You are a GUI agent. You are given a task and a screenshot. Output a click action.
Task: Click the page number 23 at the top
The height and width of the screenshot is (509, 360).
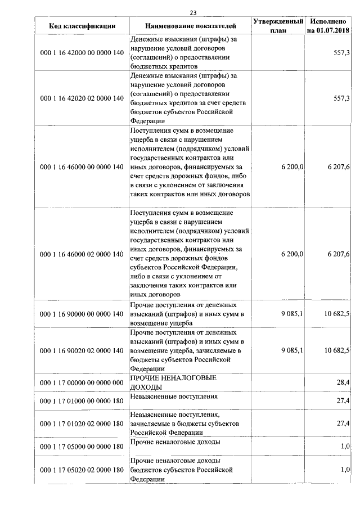coord(193,12)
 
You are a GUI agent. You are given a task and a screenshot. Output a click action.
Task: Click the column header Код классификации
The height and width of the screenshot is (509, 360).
coord(82,26)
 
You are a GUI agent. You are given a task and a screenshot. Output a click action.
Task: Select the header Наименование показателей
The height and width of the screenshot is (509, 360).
coord(191,26)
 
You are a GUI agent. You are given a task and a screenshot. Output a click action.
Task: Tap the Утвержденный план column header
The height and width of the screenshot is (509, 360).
coord(278,25)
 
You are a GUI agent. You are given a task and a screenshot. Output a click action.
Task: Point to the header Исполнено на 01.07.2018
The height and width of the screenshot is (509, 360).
coord(327,25)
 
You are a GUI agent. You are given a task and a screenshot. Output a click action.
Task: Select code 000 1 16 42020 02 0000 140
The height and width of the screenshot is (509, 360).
coord(82,98)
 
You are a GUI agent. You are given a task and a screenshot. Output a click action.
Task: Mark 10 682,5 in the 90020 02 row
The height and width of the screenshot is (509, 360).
coord(337,350)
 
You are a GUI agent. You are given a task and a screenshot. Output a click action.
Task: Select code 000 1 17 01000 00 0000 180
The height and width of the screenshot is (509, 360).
coord(82,400)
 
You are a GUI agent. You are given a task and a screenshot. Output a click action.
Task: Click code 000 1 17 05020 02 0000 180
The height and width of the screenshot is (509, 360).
coord(82,470)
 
